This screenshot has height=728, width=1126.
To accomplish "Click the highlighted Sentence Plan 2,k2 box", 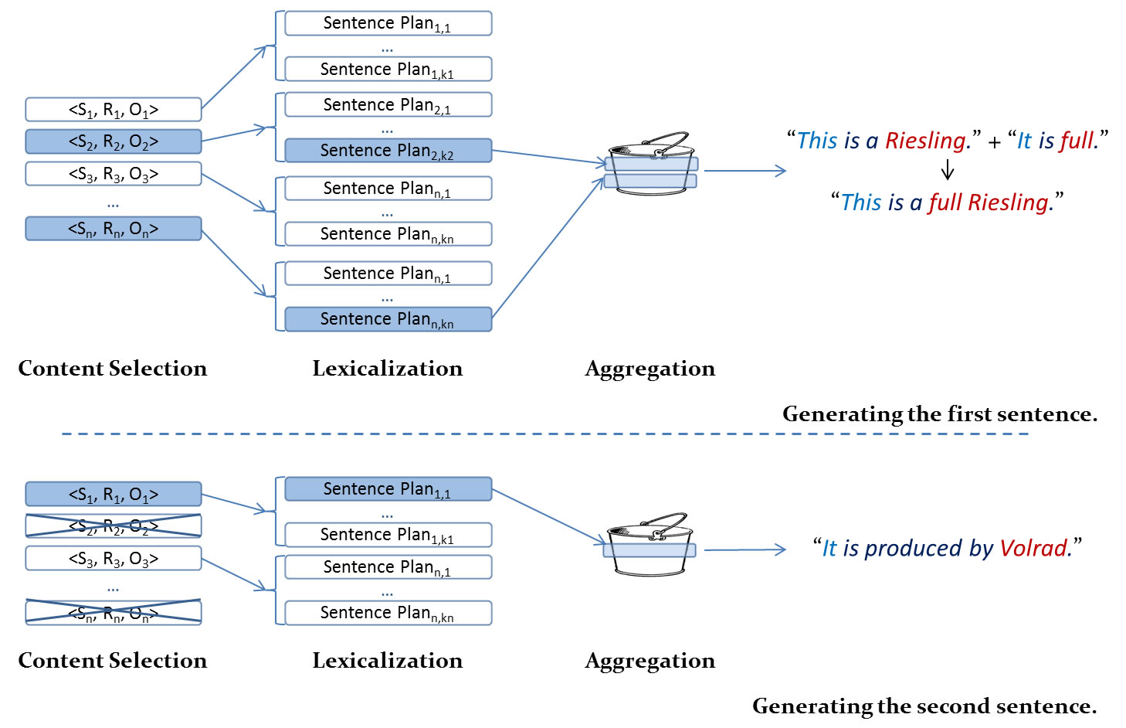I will pos(388,151).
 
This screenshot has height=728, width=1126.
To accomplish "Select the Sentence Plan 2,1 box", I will pos(388,104).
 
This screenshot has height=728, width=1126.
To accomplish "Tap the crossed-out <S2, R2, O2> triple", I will pos(114,526).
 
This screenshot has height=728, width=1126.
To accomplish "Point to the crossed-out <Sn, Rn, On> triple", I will pos(114,613).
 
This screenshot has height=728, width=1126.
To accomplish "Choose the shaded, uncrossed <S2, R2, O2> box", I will pos(114,141).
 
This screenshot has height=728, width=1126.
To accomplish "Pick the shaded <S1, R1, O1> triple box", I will pos(114,494).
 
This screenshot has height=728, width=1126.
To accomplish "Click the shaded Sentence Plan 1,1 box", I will pos(388,489).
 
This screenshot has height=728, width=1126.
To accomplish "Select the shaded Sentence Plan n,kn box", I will pos(388,319).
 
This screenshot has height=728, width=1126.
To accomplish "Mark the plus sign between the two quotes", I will pos(994,142).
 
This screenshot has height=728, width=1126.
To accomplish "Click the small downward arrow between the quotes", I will pos(948,171).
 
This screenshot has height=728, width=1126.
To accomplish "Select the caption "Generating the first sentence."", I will pos(939,414).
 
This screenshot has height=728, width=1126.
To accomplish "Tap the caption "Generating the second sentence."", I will pos(924,706).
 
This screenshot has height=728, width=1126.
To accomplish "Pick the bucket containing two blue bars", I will pos(650,164).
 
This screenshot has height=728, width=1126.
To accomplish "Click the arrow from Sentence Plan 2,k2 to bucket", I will pos(548,157).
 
